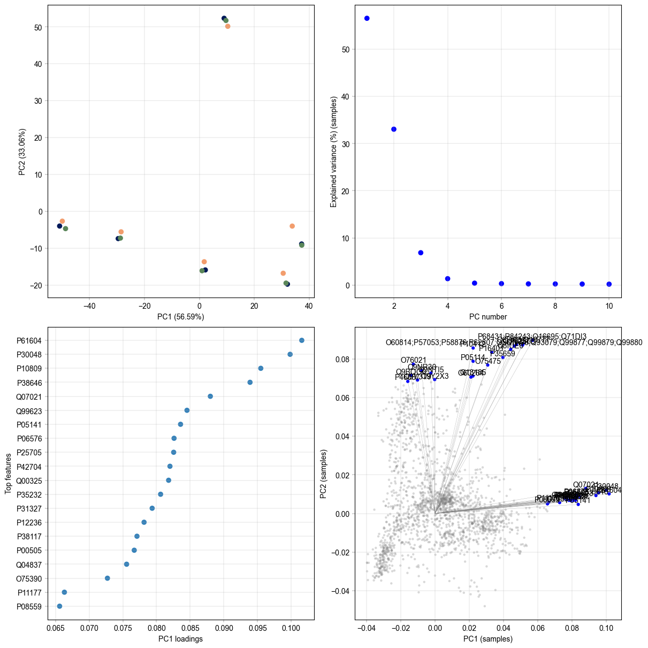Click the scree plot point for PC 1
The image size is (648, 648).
click(367, 18)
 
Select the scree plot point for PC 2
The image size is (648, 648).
click(394, 129)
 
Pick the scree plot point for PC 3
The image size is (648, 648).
click(421, 253)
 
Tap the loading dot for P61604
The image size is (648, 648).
click(302, 340)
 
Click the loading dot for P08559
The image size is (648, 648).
click(59, 606)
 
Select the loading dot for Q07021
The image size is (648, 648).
click(210, 397)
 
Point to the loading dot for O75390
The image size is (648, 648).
click(108, 578)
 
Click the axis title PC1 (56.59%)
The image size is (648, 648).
click(180, 317)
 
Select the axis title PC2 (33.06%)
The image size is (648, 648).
click(22, 151)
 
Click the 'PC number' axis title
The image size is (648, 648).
click(488, 317)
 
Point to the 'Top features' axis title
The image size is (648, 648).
click(9, 474)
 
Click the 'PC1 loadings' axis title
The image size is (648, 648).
click(180, 639)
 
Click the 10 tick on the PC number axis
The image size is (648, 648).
click(609, 306)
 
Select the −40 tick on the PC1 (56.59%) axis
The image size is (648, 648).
click(89, 306)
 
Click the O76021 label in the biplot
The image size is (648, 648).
click(414, 360)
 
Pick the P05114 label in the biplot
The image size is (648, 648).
click(473, 357)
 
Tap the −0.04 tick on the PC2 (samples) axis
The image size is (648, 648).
click(341, 591)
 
